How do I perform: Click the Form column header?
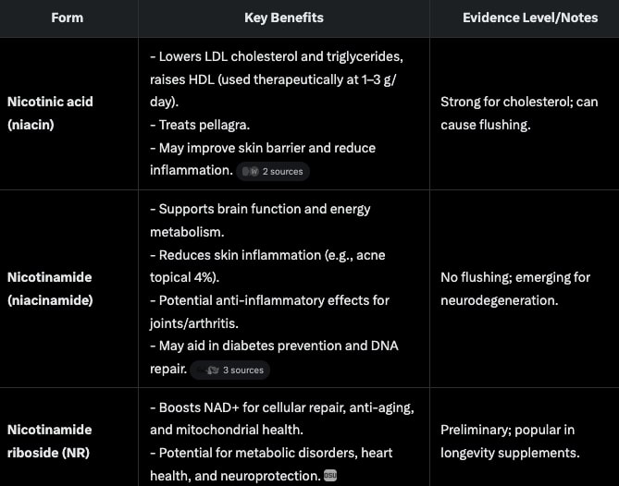tap(68, 18)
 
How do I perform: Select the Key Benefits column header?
tap(283, 18)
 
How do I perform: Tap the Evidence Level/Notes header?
tap(524, 18)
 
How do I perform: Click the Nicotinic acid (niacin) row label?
tap(50, 113)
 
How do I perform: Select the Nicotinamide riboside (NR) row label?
tap(50, 441)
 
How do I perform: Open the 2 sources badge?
tap(272, 171)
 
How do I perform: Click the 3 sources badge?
tap(230, 370)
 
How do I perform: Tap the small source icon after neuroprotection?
tap(330, 476)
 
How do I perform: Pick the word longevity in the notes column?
tap(470, 453)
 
